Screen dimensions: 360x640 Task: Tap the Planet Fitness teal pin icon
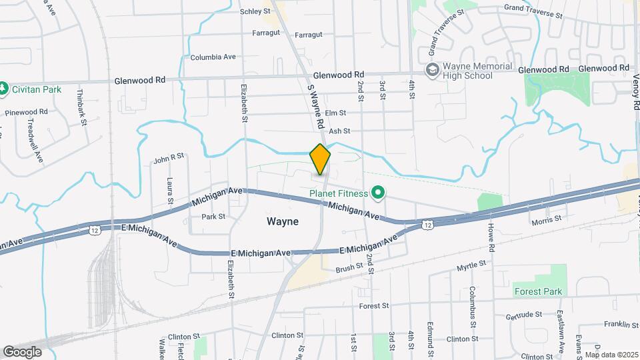pyautogui.click(x=379, y=194)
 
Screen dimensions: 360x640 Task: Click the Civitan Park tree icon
pyautogui.click(x=4, y=87)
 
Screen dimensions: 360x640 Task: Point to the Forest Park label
pyautogui.click(x=538, y=291)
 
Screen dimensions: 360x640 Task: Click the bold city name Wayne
pyautogui.click(x=282, y=221)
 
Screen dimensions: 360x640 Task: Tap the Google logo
pyautogui.click(x=22, y=351)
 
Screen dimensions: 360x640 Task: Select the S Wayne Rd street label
pyautogui.click(x=315, y=106)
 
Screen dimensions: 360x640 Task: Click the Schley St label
pyautogui.click(x=257, y=11)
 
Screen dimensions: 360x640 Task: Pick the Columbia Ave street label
pyautogui.click(x=213, y=57)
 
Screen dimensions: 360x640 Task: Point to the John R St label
pyautogui.click(x=168, y=159)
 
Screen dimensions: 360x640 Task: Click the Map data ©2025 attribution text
pyautogui.click(x=611, y=354)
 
